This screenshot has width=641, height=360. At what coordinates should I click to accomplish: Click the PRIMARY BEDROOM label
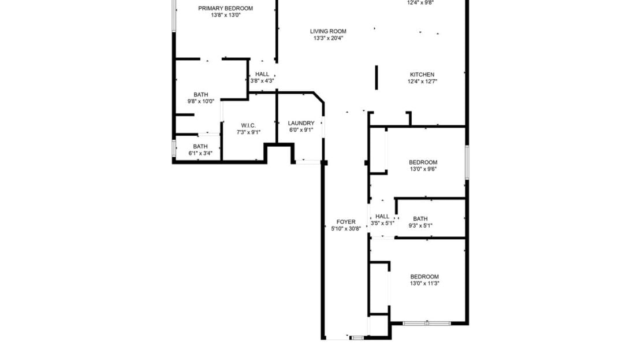225,8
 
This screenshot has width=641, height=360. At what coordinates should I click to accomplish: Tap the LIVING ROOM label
328,31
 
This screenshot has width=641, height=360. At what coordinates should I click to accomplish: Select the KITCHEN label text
422,75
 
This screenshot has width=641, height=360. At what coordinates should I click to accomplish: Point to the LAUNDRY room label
301,123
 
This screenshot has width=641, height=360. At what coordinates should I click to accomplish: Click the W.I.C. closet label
248,125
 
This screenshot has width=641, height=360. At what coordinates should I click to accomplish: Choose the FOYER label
346,222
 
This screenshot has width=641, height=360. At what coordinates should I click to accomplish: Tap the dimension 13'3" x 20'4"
328,39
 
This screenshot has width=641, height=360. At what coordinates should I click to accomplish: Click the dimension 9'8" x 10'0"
200,102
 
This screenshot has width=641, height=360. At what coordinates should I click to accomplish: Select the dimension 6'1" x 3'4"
200,154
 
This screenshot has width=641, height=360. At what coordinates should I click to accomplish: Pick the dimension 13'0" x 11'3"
424,284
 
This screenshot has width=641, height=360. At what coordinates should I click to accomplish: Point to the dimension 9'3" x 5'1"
420,226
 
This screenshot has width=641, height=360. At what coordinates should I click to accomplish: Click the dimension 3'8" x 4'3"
262,81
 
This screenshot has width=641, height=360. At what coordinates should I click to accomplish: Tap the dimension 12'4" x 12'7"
422,81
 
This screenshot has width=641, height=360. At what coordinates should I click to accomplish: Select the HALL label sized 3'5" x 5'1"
382,216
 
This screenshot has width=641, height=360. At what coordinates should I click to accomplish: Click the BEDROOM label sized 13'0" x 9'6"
423,162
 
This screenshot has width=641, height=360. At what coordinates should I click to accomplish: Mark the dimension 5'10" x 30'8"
346,229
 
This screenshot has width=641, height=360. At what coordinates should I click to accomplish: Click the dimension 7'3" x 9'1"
248,132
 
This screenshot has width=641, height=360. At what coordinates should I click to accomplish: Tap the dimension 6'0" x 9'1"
301,130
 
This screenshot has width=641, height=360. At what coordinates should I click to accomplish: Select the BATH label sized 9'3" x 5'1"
420,218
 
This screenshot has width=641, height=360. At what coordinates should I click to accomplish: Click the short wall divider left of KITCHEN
377,77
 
